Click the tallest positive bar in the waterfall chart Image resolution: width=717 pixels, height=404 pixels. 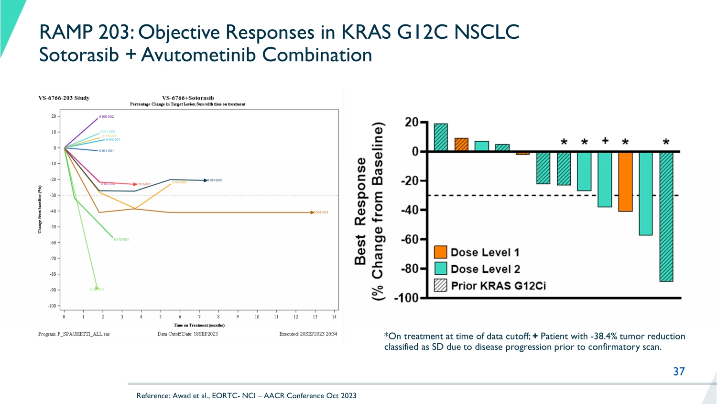(x=441, y=138)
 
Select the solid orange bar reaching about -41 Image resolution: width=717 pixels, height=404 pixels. (x=625, y=181)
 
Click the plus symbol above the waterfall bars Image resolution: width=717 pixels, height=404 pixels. (x=605, y=140)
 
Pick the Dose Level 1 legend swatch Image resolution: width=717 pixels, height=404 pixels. (x=440, y=252)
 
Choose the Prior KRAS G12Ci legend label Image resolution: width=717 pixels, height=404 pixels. (x=498, y=286)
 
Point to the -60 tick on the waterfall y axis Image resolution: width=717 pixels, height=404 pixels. (x=409, y=239)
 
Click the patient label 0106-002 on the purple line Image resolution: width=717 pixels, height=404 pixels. (x=106, y=117)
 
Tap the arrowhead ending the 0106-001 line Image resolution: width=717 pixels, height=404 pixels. (x=312, y=212)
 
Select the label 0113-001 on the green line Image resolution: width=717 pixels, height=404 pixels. (x=121, y=239)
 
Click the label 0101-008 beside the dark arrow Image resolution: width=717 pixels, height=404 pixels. (x=214, y=180)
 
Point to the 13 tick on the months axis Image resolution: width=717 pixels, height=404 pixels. (x=315, y=317)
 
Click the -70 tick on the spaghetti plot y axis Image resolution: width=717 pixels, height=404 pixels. (x=53, y=258)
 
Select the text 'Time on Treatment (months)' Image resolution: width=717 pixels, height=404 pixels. (x=199, y=325)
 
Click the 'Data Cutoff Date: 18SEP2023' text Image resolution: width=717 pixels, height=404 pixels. (x=187, y=334)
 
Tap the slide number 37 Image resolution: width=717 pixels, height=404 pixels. (x=679, y=371)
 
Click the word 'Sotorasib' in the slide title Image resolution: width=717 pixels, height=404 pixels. (x=79, y=55)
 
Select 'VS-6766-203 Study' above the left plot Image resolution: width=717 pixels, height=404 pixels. (x=64, y=98)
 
